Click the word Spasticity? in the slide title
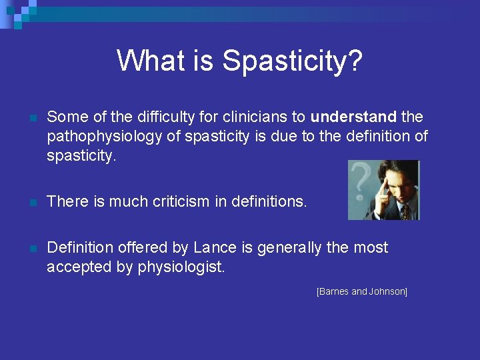(x=293, y=61)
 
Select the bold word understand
(x=353, y=117)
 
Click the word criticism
(x=174, y=201)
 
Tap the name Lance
(x=215, y=248)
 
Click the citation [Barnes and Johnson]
(x=362, y=292)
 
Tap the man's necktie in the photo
(x=405, y=212)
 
